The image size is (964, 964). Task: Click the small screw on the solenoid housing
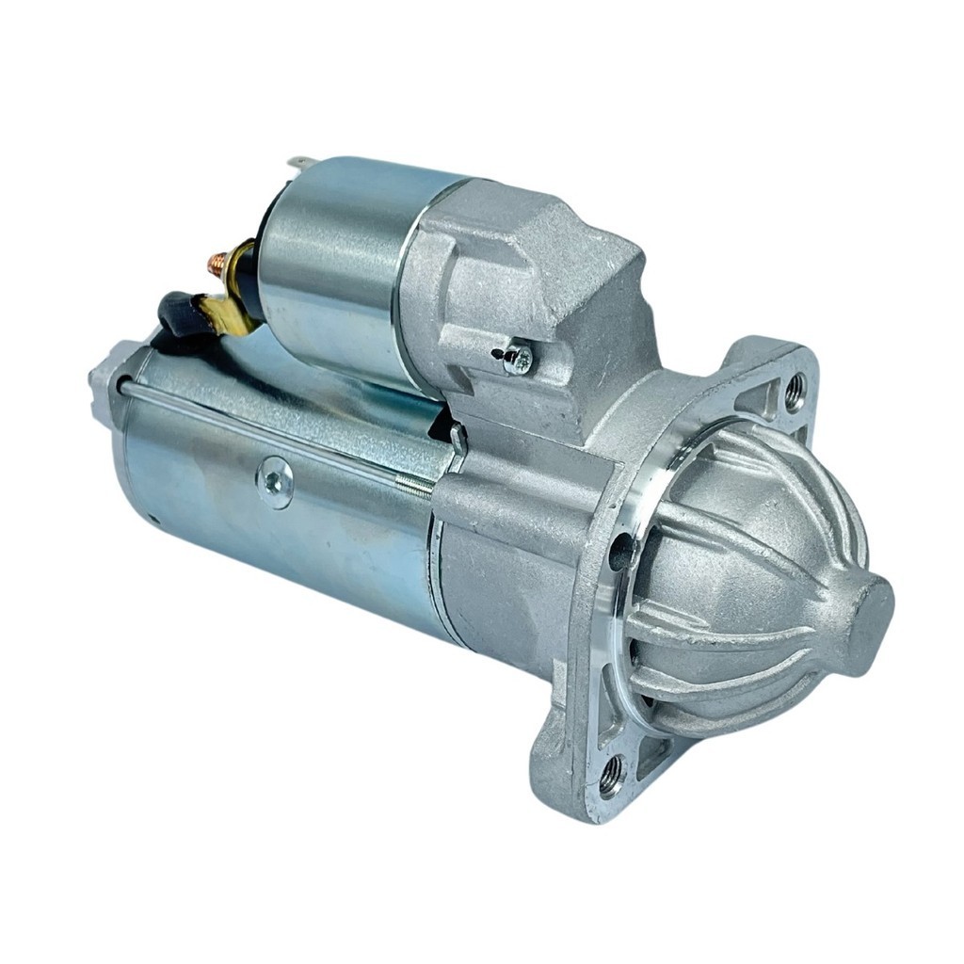tap(516, 358)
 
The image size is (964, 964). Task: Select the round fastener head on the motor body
tap(276, 482)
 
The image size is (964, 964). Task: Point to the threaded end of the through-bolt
tap(414, 485)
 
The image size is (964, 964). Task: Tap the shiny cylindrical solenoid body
tap(329, 273)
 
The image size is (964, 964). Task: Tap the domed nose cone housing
tap(753, 584)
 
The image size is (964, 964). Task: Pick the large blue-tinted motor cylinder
tap(282, 527)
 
